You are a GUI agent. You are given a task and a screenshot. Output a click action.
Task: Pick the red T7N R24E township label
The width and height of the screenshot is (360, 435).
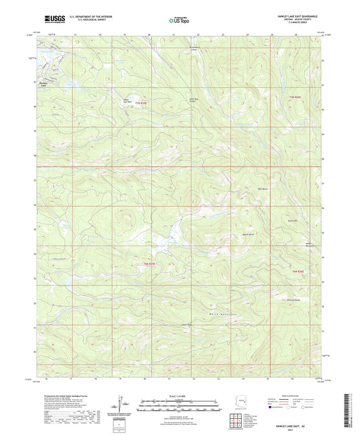click(x=142, y=102)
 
